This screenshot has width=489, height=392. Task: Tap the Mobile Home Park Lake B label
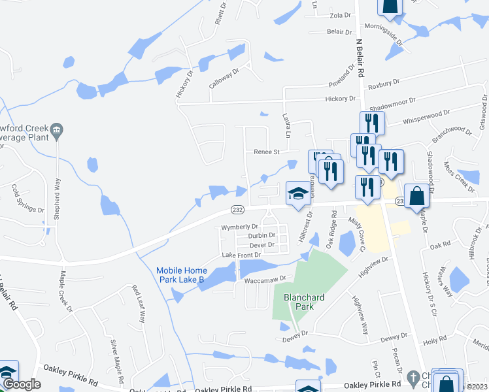[182, 275]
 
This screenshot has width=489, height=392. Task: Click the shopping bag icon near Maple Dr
[416, 196]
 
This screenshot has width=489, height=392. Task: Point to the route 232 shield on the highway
[238, 209]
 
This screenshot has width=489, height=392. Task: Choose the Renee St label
[266, 152]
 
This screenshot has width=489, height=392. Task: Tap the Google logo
[21, 384]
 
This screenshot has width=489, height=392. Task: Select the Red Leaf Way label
[139, 304]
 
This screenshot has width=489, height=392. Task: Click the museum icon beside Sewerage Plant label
[57, 130]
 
